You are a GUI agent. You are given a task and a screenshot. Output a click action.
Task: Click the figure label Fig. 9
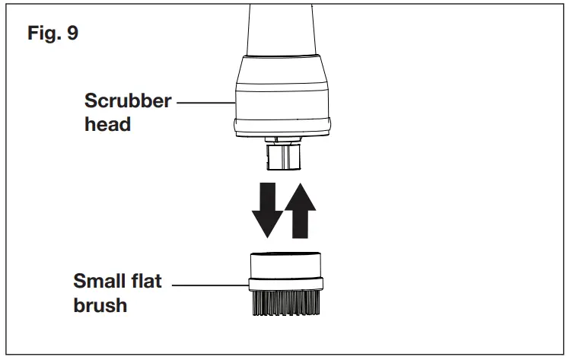[x=51, y=33]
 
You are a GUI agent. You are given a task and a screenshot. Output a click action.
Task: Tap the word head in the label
[x=107, y=124]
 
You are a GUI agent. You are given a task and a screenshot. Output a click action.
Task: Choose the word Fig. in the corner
[x=43, y=33]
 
